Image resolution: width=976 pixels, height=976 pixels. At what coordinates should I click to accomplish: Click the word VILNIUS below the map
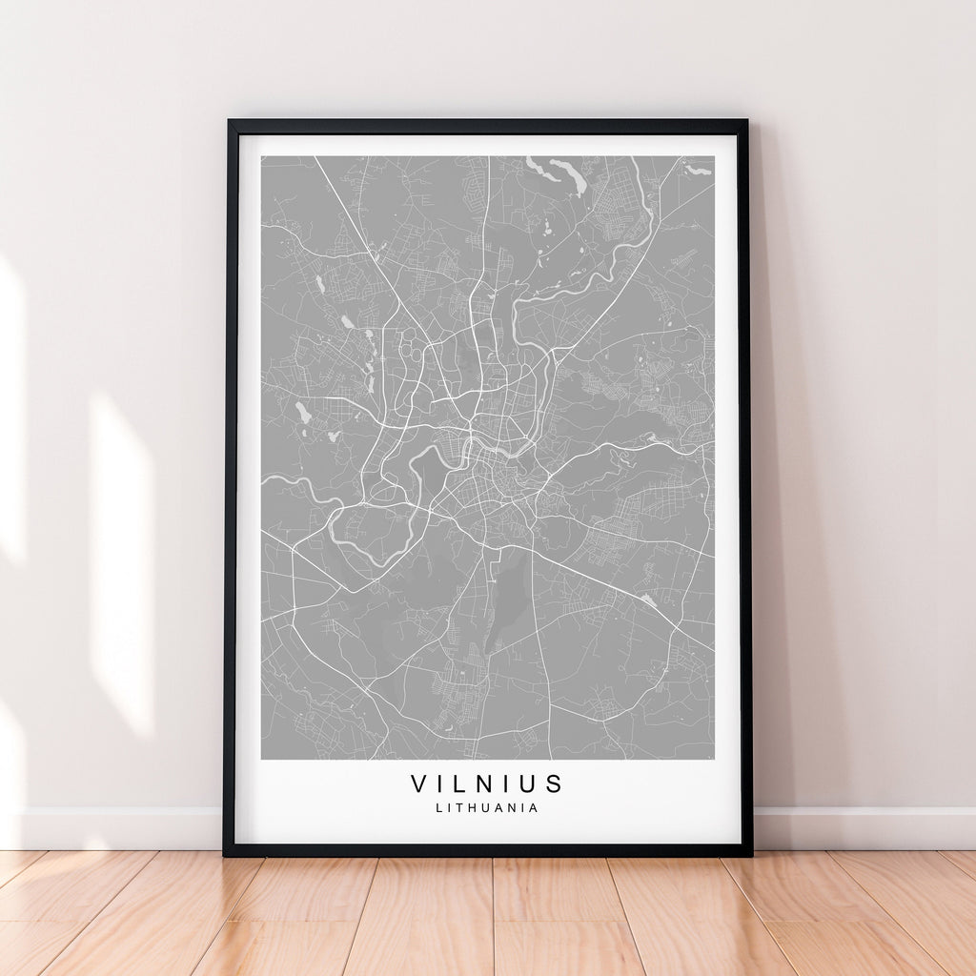click(x=487, y=784)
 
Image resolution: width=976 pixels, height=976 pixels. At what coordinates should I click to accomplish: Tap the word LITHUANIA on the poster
click(x=487, y=808)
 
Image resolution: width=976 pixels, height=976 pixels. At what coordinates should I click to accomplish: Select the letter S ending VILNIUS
click(x=555, y=784)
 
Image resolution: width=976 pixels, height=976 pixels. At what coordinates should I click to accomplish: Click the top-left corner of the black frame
click(x=229, y=122)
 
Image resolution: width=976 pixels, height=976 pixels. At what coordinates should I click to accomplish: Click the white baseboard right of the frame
click(x=863, y=827)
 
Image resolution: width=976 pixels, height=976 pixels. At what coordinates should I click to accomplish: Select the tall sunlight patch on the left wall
click(x=122, y=562)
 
